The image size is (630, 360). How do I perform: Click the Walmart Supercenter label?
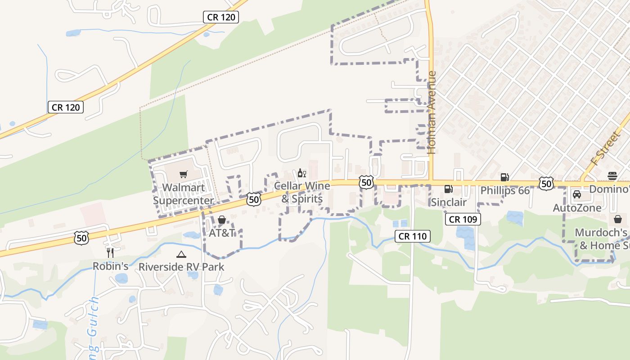(x=183, y=194)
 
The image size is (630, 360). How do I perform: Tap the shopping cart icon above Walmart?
(x=183, y=174)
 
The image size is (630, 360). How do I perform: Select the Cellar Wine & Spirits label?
(x=302, y=192)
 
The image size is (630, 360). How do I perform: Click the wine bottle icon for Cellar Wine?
(x=302, y=173)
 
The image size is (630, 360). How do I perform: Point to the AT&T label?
(x=222, y=233)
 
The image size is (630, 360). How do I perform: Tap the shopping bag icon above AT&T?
(x=222, y=220)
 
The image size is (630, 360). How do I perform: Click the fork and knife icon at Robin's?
(x=110, y=253)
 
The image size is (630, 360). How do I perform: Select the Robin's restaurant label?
(x=111, y=266)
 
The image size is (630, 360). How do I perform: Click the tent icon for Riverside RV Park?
(x=181, y=255)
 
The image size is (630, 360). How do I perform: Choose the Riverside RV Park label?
(x=181, y=267)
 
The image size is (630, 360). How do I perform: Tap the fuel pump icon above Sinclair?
(x=448, y=189)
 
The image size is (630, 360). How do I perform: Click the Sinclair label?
(x=449, y=202)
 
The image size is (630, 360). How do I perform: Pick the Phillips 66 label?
(x=505, y=190)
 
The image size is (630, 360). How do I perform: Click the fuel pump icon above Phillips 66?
(x=504, y=177)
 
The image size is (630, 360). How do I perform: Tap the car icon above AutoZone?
(x=577, y=195)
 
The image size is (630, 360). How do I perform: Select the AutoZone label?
(x=577, y=208)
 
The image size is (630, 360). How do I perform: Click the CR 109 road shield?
(x=463, y=220)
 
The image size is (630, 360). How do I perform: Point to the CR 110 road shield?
(x=413, y=236)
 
